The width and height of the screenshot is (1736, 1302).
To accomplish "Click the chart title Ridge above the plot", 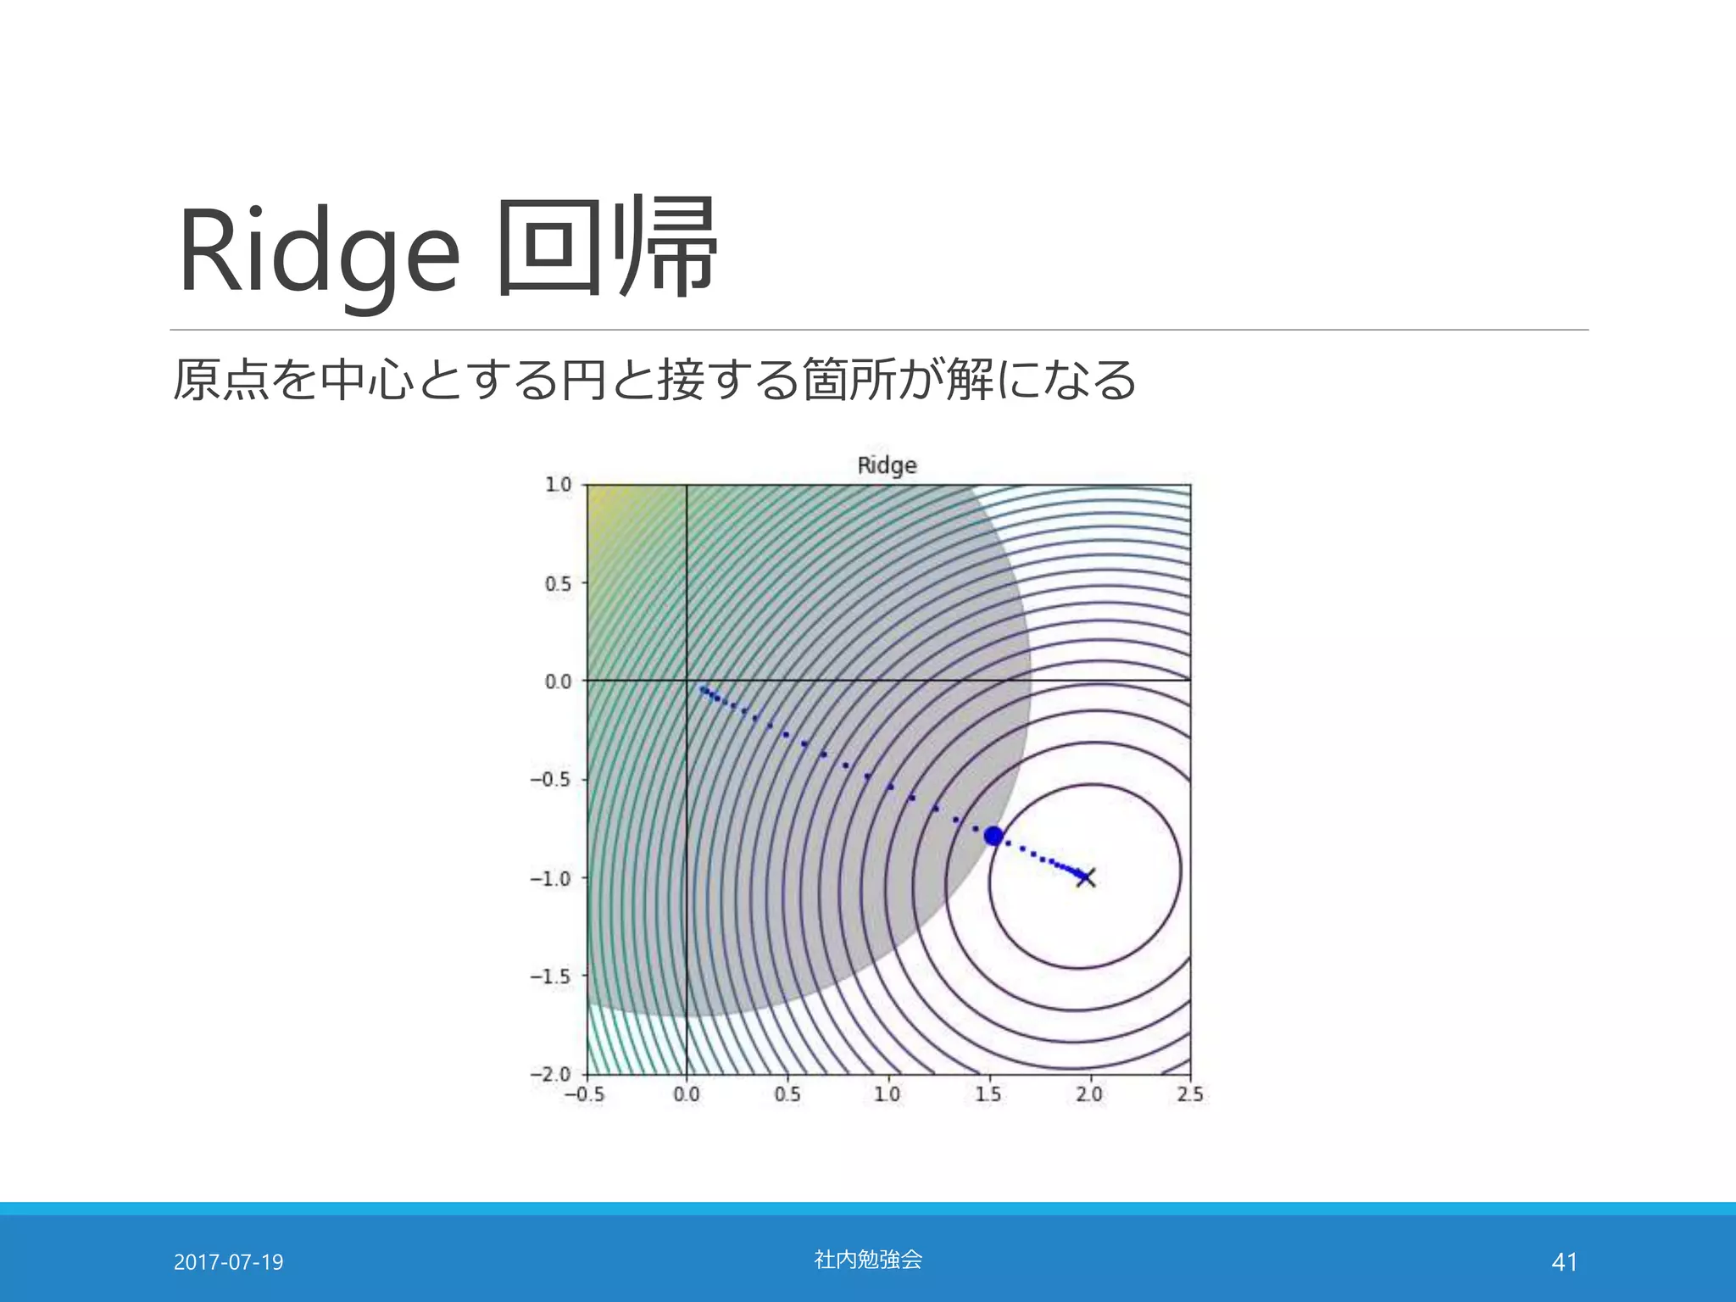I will [887, 465].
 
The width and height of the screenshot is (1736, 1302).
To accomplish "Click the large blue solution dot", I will [993, 837].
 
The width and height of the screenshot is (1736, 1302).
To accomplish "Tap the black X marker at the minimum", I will [1086, 876].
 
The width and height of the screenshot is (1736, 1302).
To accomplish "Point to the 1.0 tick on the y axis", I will [559, 485].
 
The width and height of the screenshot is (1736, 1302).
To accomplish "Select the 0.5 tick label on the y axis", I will [559, 584].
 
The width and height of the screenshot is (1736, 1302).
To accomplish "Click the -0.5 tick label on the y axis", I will [551, 779].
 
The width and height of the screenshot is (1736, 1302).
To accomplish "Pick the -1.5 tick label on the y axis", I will [551, 976].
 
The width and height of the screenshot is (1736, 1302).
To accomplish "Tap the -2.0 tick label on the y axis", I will [551, 1074].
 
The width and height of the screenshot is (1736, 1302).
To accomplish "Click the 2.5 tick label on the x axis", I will [1190, 1094].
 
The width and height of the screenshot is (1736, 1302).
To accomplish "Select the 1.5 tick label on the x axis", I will [988, 1094].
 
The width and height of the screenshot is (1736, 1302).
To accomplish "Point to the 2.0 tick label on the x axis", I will [1089, 1094].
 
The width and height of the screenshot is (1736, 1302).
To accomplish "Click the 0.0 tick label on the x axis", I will [687, 1094].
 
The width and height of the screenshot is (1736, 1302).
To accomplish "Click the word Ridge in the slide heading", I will [319, 252].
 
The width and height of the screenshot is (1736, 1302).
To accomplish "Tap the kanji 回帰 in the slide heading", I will [607, 248].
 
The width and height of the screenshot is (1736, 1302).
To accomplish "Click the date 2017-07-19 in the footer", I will [229, 1262].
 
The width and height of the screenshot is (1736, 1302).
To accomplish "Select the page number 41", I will [1564, 1262].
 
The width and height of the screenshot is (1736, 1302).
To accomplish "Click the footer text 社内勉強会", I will [868, 1260].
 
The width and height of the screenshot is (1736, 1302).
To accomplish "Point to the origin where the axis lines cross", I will [686, 680].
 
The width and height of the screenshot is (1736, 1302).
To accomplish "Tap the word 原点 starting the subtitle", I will [220, 379].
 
